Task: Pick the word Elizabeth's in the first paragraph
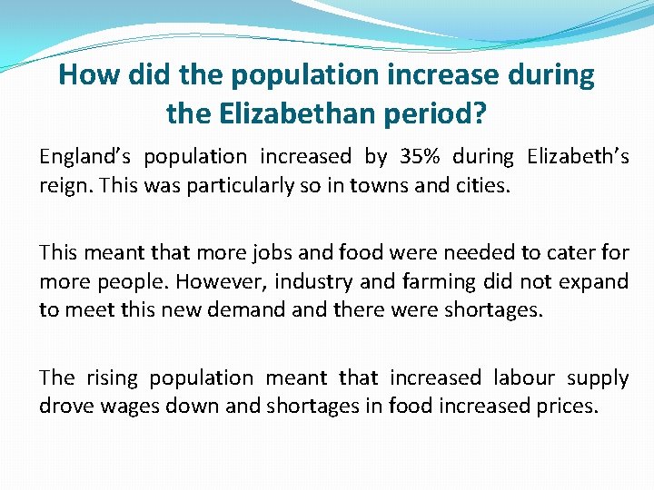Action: point(578,157)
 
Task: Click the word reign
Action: point(64,186)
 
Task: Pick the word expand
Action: point(591,281)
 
